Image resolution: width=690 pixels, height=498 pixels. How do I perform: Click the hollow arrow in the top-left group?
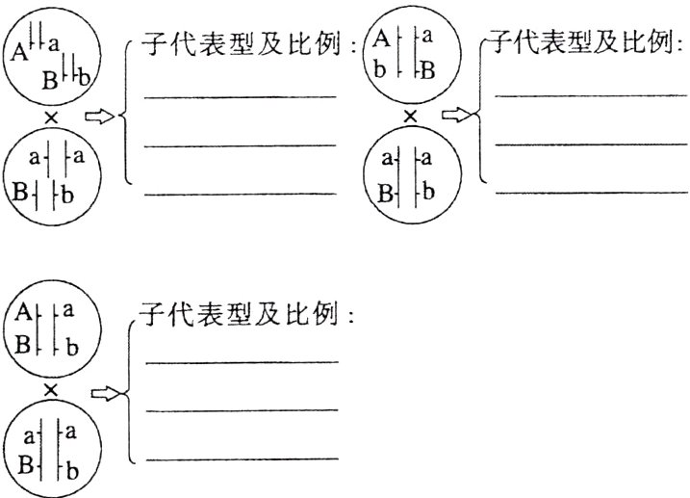click(x=98, y=118)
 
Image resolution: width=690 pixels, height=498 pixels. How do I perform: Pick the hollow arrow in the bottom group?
click(x=102, y=392)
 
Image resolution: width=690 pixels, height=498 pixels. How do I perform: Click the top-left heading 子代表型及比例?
click(x=248, y=45)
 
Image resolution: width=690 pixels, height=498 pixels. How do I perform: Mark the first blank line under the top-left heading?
click(x=241, y=96)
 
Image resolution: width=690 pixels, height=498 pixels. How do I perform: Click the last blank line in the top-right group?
click(x=591, y=192)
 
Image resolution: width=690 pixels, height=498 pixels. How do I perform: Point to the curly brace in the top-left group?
click(x=128, y=116)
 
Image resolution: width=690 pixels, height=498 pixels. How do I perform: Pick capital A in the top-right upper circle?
click(x=381, y=39)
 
